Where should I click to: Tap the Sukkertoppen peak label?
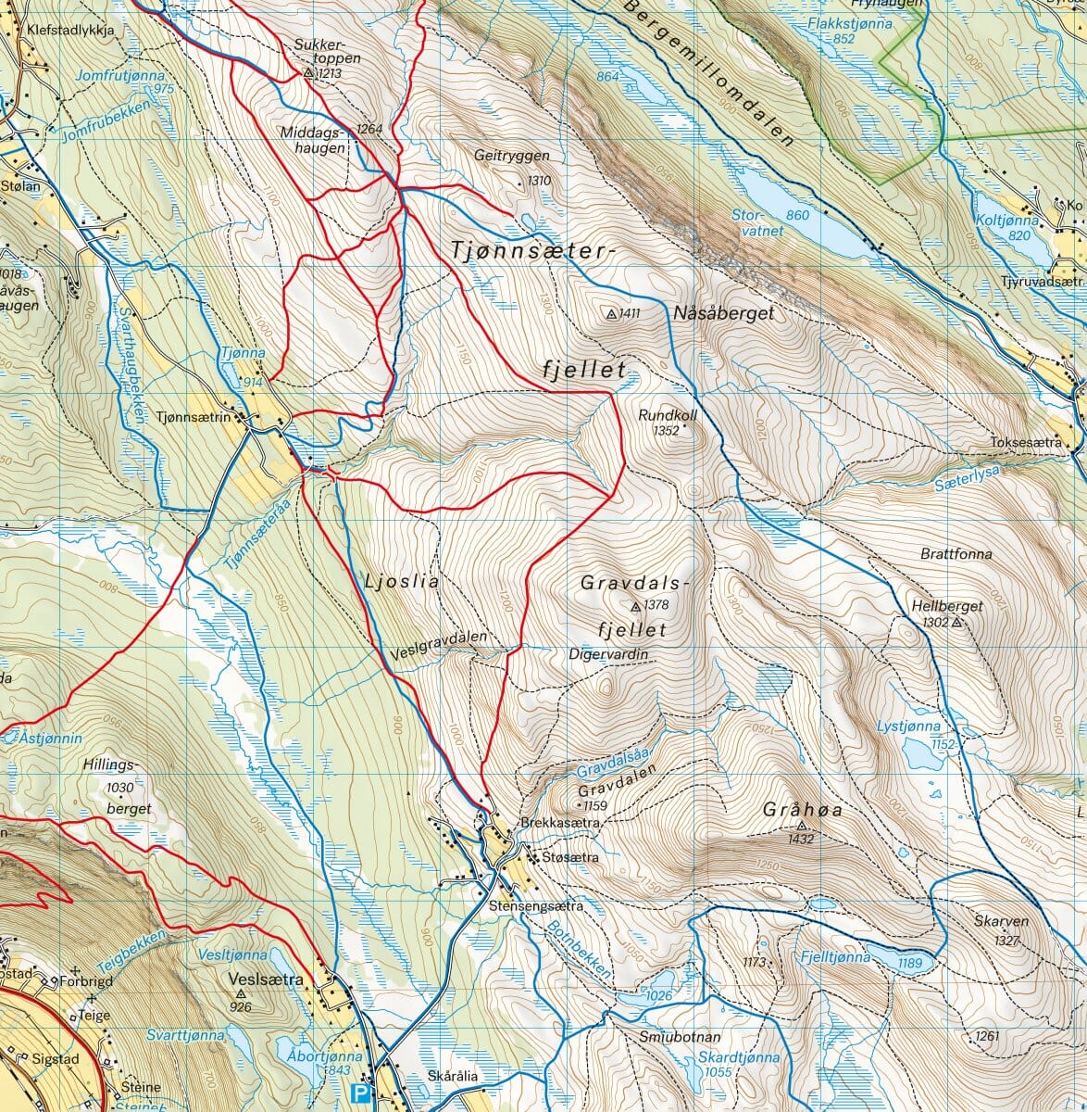point(327,51)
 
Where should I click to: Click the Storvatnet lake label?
point(751,223)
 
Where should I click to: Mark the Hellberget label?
point(947,606)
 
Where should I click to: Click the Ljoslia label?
point(400,582)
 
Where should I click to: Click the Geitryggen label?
point(511,156)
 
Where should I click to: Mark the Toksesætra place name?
point(1025,443)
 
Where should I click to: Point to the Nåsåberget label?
point(723,314)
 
